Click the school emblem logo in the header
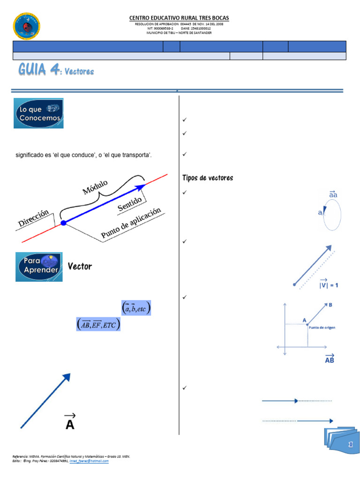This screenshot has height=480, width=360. click(x=27, y=27)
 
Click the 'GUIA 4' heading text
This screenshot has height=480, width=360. click(x=39, y=70)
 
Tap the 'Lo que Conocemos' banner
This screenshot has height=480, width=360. click(x=38, y=113)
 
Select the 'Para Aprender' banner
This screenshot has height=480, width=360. click(x=39, y=267)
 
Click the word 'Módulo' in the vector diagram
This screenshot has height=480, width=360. click(x=96, y=187)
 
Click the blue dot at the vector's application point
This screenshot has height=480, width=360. click(x=64, y=223)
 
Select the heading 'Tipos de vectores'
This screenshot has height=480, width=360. click(x=207, y=178)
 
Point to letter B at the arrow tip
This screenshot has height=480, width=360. click(x=330, y=305)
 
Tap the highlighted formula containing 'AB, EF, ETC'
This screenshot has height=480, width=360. click(x=98, y=324)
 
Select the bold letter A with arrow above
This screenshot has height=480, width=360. click(x=70, y=422)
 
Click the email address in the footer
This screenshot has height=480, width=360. click(x=89, y=461)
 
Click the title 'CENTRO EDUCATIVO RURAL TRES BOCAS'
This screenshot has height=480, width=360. click(x=179, y=18)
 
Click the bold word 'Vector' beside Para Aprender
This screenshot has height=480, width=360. click(x=80, y=267)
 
